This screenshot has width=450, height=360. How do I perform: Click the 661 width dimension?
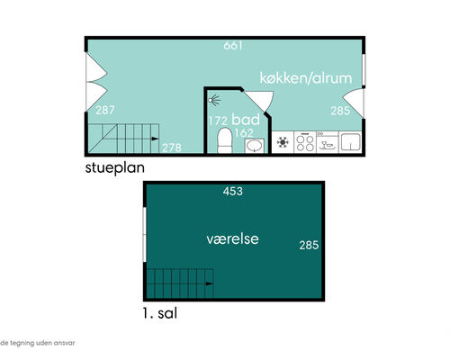pos(233,46)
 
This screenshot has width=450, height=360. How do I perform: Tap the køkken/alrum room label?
pos(306,78)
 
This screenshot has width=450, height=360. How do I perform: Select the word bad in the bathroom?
pos(246,120)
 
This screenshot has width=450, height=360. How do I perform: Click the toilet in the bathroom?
pos(225,140)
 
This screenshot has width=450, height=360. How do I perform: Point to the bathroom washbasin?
pos(255,146)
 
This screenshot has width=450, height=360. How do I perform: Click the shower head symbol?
pos(214,100)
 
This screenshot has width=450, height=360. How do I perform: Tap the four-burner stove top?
pos(305,142)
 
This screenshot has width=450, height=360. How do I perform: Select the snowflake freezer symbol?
pos(283,142)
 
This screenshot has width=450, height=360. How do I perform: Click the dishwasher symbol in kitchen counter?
pos(328,142)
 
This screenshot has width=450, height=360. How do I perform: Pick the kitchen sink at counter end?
pos(350,142)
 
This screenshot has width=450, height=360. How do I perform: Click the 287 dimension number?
pos(105,110)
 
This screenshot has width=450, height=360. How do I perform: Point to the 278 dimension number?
pos(172,148)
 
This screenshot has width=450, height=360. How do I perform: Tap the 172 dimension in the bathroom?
pos(218,121)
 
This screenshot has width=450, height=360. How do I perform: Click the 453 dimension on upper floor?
pos(233,191)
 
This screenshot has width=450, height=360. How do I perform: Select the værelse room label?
pos(232,239)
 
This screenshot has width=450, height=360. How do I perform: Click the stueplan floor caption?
pos(115,167)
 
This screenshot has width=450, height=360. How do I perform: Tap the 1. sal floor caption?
pos(159,313)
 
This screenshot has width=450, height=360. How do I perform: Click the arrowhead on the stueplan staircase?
pos(155,139)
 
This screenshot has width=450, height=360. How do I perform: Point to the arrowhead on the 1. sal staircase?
pos(210,283)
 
